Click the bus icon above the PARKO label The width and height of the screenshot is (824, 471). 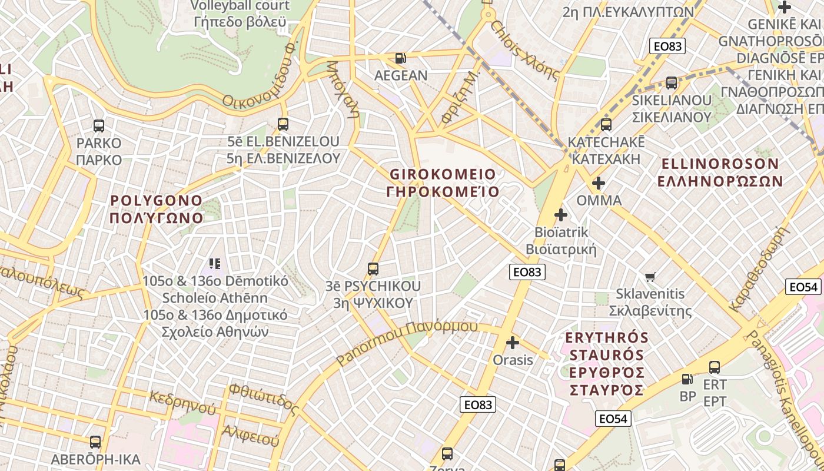pyautogui.click(x=99, y=125)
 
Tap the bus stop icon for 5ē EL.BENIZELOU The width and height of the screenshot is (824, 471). pyautogui.click(x=283, y=124)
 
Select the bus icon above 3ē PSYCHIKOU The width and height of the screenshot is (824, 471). pyautogui.click(x=373, y=269)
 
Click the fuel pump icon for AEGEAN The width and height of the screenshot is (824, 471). pyautogui.click(x=401, y=58)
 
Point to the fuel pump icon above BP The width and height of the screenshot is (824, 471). pyautogui.click(x=687, y=379)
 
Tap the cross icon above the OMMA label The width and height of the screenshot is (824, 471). pyautogui.click(x=599, y=183)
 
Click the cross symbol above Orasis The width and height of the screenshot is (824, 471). pyautogui.click(x=513, y=342)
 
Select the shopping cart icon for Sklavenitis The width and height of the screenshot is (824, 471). pyautogui.click(x=650, y=277)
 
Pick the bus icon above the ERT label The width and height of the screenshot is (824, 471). pyautogui.click(x=715, y=367)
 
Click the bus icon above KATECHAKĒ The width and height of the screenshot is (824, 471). pyautogui.click(x=606, y=125)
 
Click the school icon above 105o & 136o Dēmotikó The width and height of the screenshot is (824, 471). pyautogui.click(x=214, y=264)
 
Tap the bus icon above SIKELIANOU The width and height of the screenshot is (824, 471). pyautogui.click(x=672, y=83)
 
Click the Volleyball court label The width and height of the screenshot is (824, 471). pyautogui.click(x=240, y=6)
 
